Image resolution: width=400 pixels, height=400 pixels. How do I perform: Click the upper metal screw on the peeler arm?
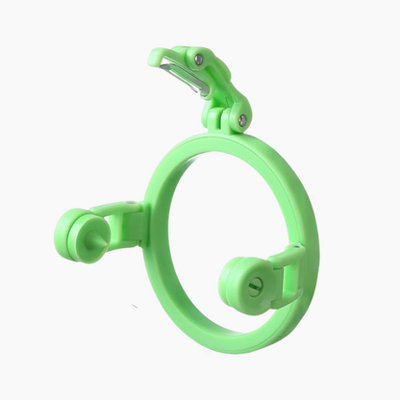point(199,60)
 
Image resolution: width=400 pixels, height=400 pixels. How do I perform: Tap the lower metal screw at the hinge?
point(241,120)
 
